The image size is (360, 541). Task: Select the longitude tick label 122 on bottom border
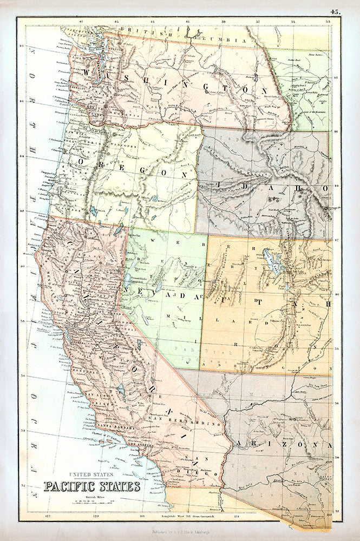coord(37,517)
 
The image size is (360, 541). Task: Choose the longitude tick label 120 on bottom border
coord(97,517)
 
